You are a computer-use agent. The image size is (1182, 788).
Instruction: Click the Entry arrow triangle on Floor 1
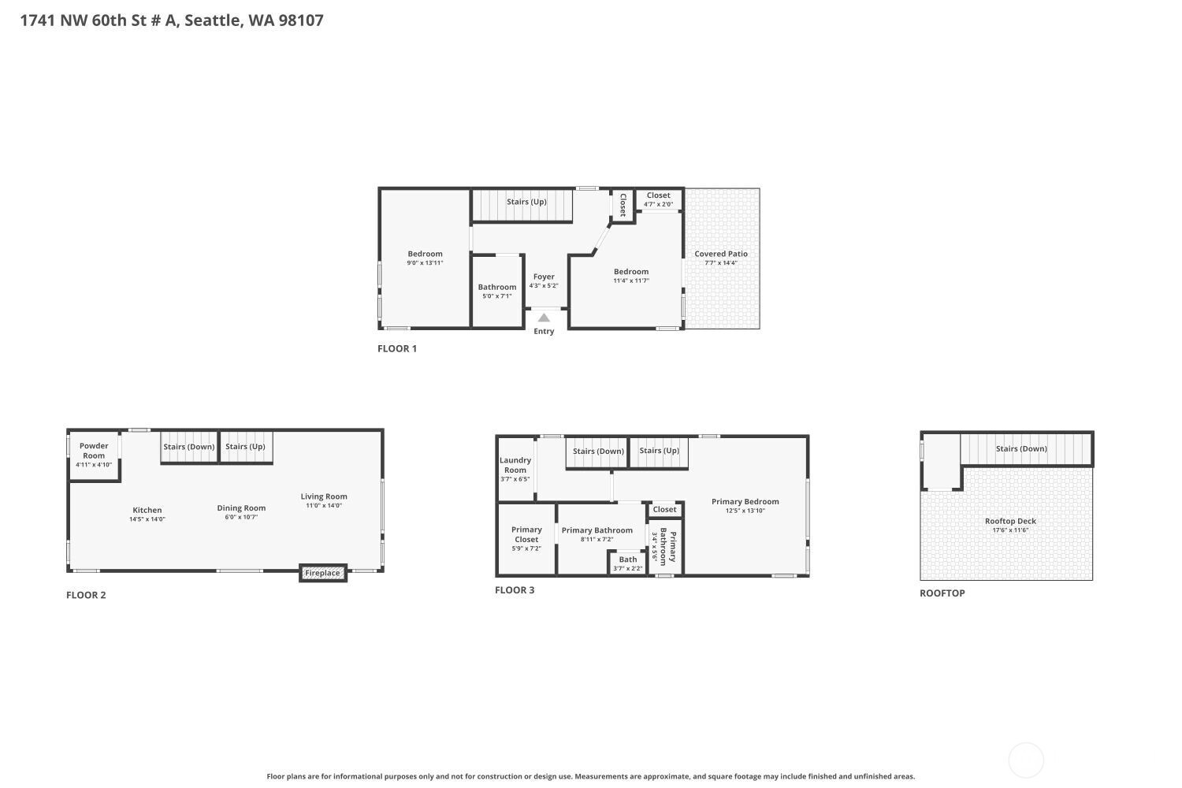coord(544,318)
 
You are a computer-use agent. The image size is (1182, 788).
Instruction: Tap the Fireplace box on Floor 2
coord(323,573)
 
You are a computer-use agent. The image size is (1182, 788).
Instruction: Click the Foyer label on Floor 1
coord(544,277)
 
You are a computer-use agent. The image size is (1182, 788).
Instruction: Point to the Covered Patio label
coord(721,254)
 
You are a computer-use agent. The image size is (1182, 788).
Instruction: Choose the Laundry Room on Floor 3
coord(515,469)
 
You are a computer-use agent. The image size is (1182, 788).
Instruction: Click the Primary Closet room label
coord(526,534)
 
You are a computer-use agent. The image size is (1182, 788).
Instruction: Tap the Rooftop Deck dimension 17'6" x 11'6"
coord(1010,530)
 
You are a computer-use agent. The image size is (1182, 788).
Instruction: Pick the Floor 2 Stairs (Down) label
coord(189,447)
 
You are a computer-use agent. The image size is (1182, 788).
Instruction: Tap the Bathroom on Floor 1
coord(496,292)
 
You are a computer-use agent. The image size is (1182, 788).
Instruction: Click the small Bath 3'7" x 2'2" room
coord(627,563)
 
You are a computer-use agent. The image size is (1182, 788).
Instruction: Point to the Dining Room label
coord(241,508)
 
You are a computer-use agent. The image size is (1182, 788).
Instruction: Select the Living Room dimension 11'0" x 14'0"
coord(324,506)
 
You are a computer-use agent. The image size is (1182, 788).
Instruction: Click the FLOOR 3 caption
coord(515,590)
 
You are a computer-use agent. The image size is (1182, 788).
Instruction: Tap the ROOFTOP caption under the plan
coord(942,593)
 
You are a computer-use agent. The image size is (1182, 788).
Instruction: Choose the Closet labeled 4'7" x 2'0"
coord(659,200)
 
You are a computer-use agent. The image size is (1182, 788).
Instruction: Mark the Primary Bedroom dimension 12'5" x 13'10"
coord(745,511)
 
